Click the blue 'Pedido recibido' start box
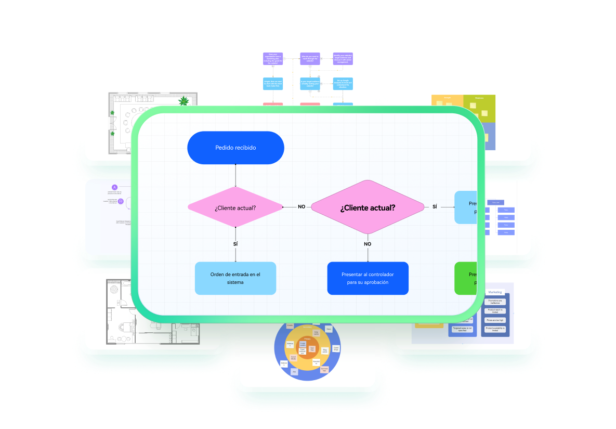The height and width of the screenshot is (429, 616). click(x=235, y=148)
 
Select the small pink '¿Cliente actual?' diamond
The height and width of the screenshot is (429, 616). click(x=235, y=208)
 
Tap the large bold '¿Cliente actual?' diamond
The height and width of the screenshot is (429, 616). click(x=368, y=207)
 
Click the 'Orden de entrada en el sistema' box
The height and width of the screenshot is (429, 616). click(x=235, y=278)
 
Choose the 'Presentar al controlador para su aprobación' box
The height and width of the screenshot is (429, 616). click(x=368, y=278)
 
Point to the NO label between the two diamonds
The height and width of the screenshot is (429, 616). click(x=302, y=206)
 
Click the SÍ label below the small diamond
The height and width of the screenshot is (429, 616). click(x=235, y=243)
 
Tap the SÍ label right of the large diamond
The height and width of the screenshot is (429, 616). click(x=435, y=206)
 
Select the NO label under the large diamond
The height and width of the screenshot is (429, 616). click(x=368, y=244)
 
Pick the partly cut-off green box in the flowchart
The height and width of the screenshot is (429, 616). click(x=466, y=278)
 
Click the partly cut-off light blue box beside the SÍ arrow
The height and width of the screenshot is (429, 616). click(x=466, y=207)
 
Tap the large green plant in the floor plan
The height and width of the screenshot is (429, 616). click(x=184, y=101)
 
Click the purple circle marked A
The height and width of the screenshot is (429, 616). click(x=115, y=187)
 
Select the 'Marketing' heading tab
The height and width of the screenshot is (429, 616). click(x=495, y=292)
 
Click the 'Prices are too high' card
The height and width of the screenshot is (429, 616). click(x=495, y=320)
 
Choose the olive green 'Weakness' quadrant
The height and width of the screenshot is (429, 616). click(x=479, y=108)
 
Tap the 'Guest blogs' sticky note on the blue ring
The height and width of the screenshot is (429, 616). click(x=336, y=348)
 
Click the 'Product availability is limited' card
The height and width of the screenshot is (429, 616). click(x=495, y=330)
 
